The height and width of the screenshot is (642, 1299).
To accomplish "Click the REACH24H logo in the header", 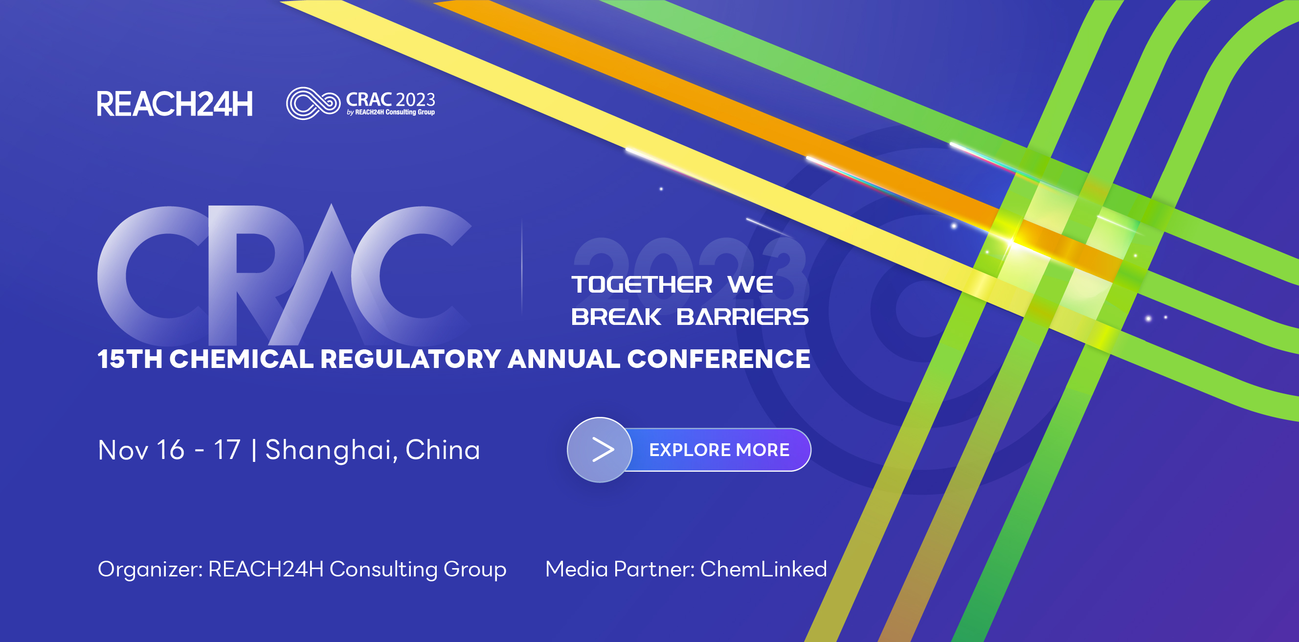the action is tap(175, 104).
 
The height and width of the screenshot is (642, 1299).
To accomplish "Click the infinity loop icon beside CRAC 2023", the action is tap(313, 103).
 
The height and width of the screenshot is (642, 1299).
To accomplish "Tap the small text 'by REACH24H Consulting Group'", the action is tap(391, 112).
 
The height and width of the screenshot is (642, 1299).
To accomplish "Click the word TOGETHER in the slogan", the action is tap(642, 285).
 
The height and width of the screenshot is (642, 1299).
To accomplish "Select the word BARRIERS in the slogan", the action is tap(742, 317).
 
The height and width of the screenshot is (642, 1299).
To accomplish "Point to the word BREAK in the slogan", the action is tap(616, 317).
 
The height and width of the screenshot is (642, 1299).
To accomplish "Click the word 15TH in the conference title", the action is tap(130, 359).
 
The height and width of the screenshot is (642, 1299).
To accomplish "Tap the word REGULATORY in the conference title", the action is tap(410, 359).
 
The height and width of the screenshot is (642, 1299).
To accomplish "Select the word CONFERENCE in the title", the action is tap(718, 359).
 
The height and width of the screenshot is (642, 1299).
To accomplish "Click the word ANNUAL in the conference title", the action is tap(564, 359).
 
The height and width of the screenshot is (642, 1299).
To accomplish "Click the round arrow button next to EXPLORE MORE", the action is tap(600, 450).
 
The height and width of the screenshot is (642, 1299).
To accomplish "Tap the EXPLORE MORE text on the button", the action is tap(719, 450).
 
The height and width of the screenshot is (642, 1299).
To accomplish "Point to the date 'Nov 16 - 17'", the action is tap(169, 450).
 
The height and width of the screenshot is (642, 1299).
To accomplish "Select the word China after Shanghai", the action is tap(443, 450).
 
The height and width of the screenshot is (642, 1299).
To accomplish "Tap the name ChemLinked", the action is tap(763, 569).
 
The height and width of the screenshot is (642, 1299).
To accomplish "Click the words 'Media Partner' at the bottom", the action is tap(620, 569).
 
